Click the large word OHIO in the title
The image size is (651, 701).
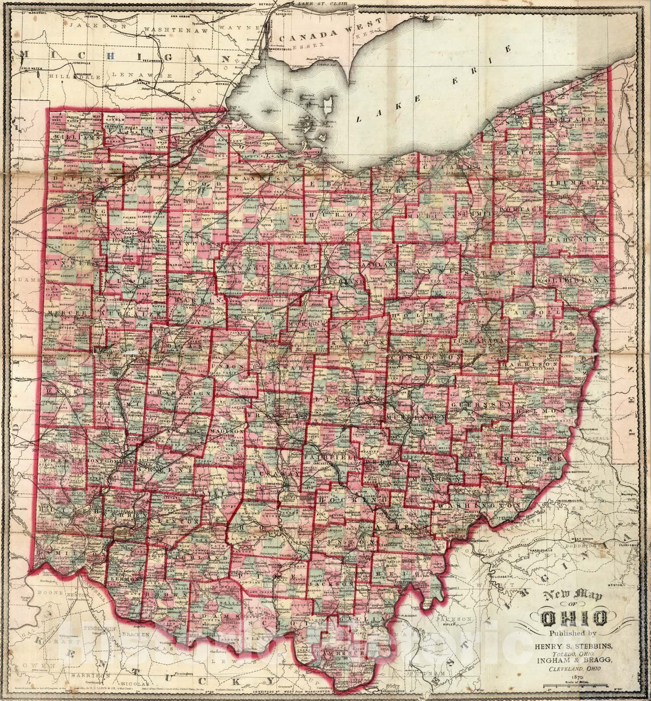(x=574, y=618)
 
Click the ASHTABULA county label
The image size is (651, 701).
(x=578, y=120)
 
